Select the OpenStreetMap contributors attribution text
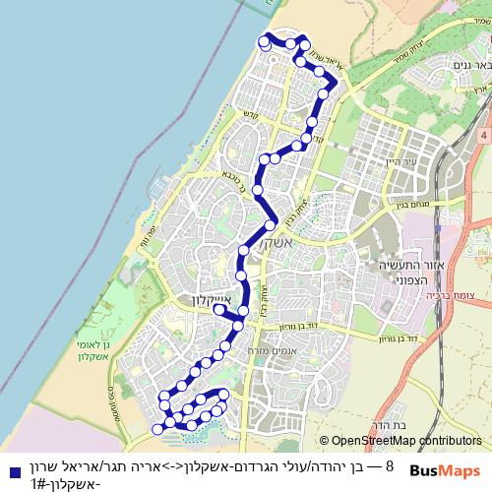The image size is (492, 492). tap(400, 441)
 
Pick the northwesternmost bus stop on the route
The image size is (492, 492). tap(263, 39)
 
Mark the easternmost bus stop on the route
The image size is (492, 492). tap(331, 83)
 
